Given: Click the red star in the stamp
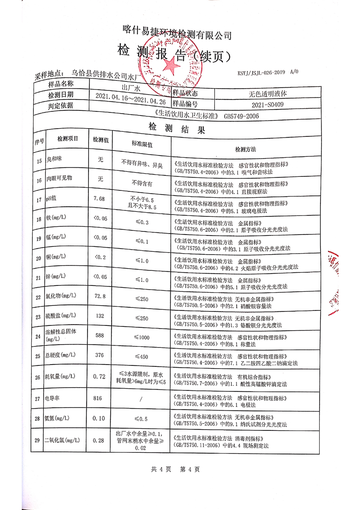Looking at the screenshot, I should pos(171,67).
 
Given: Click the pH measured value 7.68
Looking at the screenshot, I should pos(99,199).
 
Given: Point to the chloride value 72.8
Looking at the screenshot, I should pos(99,296).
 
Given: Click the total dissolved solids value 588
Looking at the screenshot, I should pos(99,336).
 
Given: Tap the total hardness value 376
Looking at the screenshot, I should pos(99,355).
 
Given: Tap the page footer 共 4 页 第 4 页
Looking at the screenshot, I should pos(175,470).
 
